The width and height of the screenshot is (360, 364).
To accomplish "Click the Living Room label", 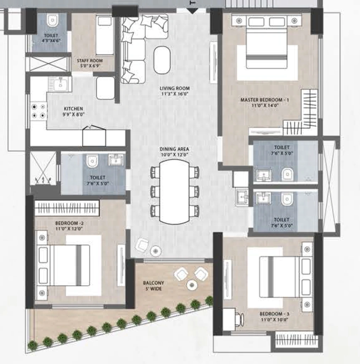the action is tap(175, 89).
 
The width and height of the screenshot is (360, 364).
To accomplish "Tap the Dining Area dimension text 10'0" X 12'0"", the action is tap(174, 155).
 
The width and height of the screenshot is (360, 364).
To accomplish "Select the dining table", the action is tap(174, 192).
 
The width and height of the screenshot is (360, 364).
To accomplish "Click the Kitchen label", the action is tap(73, 109).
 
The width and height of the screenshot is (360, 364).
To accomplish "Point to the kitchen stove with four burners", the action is tap(38, 111).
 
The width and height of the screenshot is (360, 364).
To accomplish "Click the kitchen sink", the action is tap(60, 84).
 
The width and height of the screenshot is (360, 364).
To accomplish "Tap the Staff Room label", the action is tap(90, 60).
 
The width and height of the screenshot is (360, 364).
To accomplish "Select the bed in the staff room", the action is tap(105, 35).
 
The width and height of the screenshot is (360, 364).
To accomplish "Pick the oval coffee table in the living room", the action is tap(162, 60).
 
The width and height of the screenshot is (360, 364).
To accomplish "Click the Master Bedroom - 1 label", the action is tap(265, 100).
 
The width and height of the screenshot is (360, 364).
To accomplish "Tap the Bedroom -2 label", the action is tap(69, 223).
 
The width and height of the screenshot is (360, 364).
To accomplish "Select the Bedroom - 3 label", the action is tap(274, 314).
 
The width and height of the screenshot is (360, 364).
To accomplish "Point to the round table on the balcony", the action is tap(192, 285).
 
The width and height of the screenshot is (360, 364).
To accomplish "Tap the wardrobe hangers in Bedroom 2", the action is tap(67, 208).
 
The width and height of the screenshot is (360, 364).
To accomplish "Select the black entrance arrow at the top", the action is tap(192, 11).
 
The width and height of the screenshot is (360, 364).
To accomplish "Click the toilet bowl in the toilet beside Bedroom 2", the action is tap(92, 161).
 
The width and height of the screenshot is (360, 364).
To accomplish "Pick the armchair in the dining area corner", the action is tap(142, 245).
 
